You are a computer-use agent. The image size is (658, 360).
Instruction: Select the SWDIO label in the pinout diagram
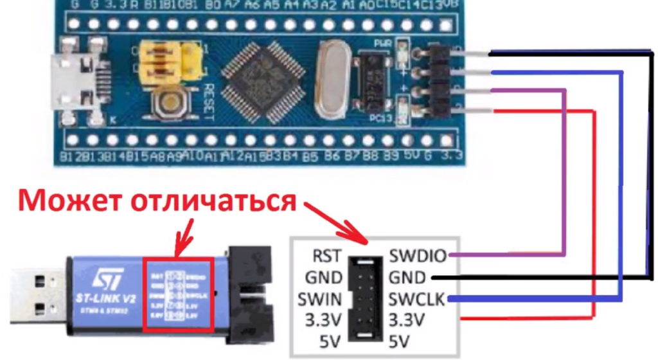click(417, 256)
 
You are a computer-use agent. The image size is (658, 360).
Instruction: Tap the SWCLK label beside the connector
click(418, 299)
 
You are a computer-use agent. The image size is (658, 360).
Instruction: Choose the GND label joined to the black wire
click(407, 278)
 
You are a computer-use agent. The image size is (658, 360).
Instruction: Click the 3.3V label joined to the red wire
click(407, 319)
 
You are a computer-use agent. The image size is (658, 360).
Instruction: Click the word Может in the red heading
click(67, 201)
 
